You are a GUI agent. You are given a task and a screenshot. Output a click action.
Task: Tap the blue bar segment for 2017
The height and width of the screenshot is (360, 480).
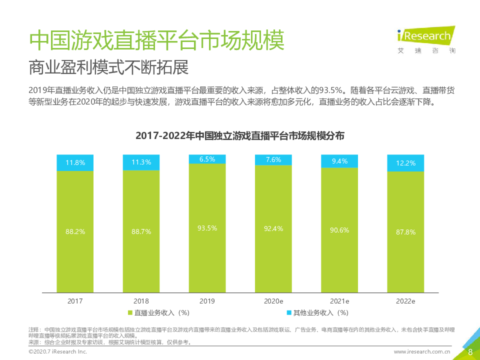coord(75,162)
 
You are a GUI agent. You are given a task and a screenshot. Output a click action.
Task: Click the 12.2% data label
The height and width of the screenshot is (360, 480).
coord(405,163)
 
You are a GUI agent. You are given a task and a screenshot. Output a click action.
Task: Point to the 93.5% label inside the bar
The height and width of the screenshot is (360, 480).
coord(207,227)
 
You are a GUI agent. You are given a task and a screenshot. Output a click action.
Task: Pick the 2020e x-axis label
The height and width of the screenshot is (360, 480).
coord(273,301)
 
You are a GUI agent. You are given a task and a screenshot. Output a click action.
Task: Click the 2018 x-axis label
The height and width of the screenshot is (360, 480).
coord(141,301)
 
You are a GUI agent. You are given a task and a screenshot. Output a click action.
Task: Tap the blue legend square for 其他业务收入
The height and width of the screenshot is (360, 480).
coord(288,313)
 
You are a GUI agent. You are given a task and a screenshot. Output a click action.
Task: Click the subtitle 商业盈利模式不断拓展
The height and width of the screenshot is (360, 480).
coord(109,67)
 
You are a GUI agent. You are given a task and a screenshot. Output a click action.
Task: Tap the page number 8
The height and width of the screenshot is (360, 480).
coord(470,351)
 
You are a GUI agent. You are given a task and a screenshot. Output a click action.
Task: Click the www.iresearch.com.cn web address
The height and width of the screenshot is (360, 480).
coord(422,352)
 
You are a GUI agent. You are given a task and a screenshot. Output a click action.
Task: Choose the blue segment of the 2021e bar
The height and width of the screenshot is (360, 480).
coord(339,161)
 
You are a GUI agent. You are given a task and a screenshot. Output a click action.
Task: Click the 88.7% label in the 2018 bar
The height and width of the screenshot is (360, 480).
coord(141,231)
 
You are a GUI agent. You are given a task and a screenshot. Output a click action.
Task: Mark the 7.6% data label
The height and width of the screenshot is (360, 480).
coord(273,159)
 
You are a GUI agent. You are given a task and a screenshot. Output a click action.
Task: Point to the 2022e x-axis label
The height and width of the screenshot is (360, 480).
coord(405,301)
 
